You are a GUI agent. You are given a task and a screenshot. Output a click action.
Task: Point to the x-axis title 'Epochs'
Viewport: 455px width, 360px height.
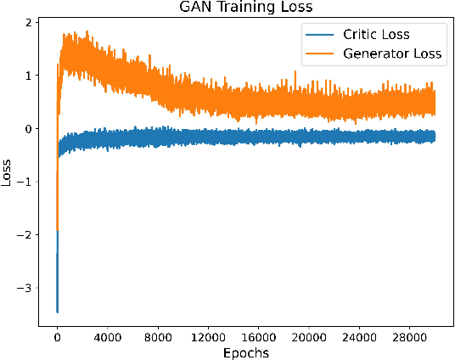tap(246, 352)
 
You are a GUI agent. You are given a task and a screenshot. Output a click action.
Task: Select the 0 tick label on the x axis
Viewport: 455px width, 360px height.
tap(57, 336)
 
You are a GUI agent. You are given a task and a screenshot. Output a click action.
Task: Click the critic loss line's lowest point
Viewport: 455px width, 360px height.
tap(57, 312)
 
